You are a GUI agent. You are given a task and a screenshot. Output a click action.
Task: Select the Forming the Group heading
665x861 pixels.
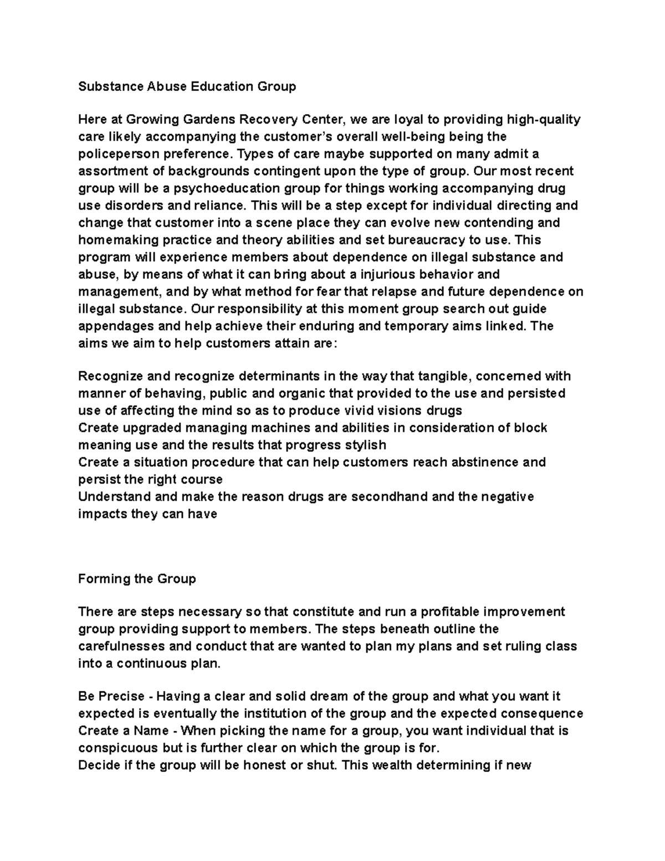(x=137, y=579)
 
